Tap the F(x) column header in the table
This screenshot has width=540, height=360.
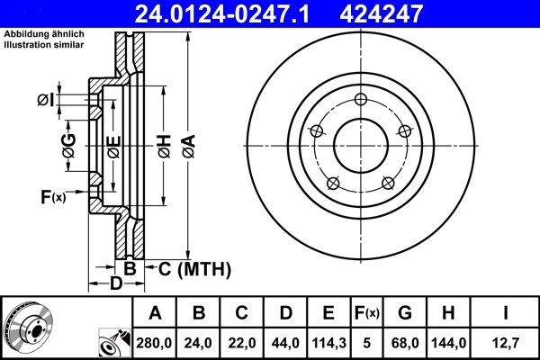(366, 313)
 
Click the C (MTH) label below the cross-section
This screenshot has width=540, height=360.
(195, 268)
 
